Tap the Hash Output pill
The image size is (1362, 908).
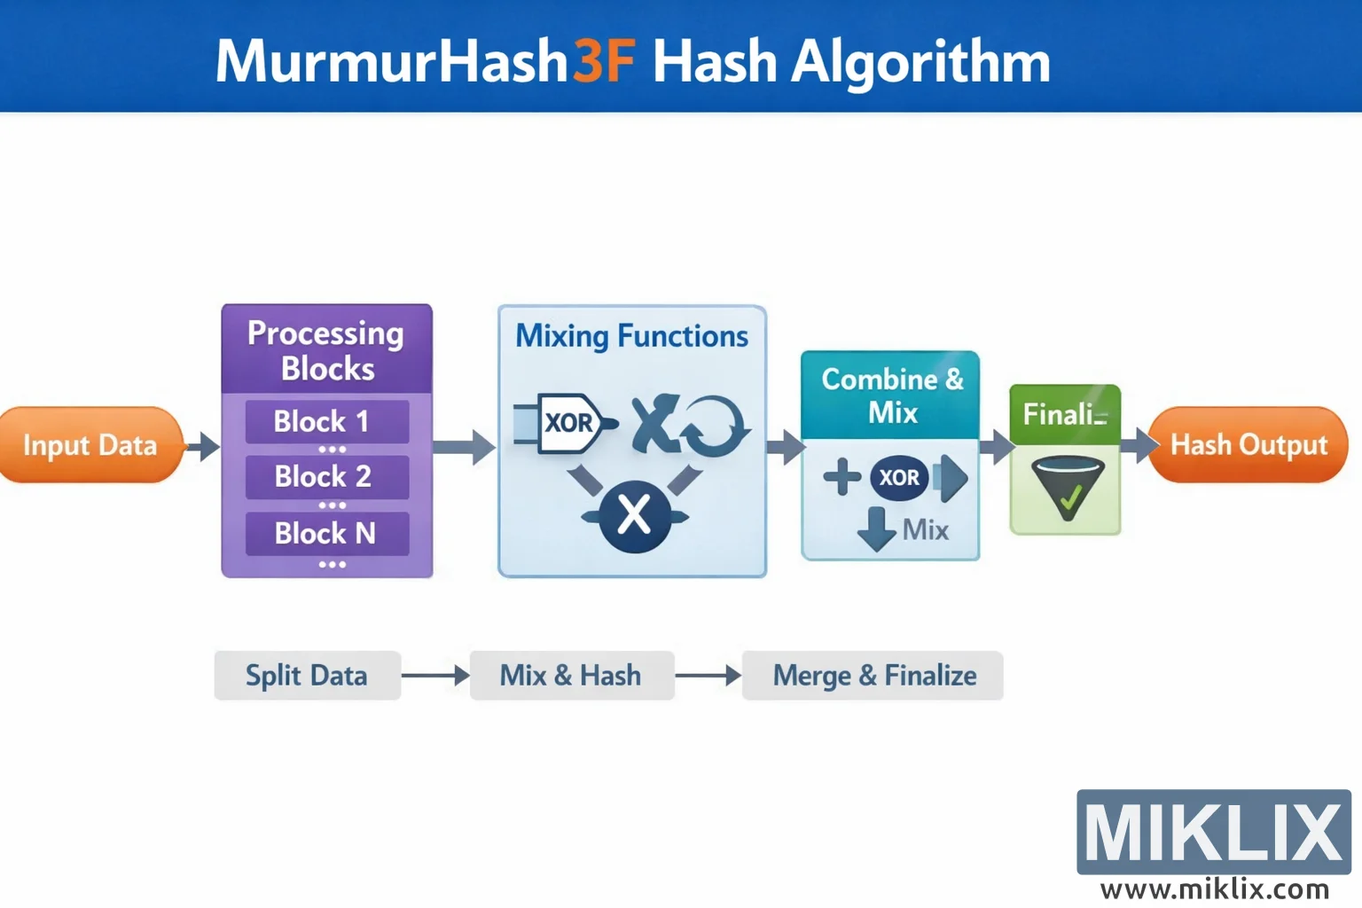[x=1248, y=445]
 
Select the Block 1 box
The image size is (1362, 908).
[x=326, y=421]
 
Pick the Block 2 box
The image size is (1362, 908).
[x=326, y=477]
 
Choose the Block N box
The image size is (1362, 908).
[x=326, y=533]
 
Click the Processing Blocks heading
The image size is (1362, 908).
[x=326, y=350]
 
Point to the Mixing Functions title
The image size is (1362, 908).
[x=631, y=336]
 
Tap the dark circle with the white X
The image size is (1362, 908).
[x=634, y=515]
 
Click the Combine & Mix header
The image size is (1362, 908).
[x=891, y=395]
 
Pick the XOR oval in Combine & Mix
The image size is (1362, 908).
[x=899, y=478]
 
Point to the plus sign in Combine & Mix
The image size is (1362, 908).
[x=841, y=477]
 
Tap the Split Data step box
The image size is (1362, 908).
[x=307, y=676]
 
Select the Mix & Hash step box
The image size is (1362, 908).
[x=571, y=676]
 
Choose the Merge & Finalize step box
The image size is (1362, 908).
[x=873, y=676]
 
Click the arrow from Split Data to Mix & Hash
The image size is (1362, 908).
[x=435, y=676]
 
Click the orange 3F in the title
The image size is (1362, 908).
[x=603, y=62]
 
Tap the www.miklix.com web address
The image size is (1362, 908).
[x=1214, y=888]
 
